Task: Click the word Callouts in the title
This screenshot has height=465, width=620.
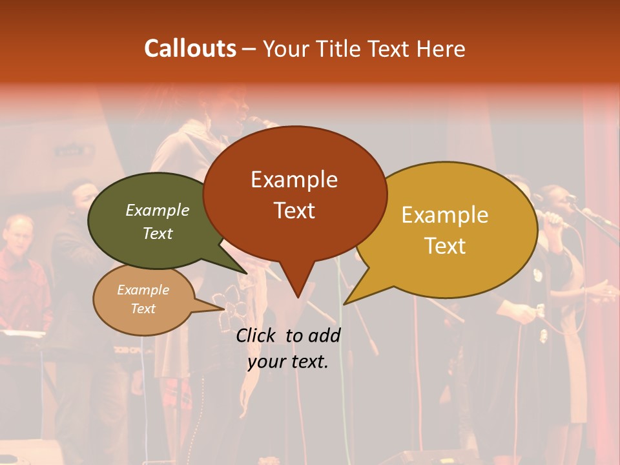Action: pyautogui.click(x=190, y=48)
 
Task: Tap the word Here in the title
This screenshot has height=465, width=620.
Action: pyautogui.click(x=441, y=48)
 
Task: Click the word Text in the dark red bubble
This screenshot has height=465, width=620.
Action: pyautogui.click(x=294, y=210)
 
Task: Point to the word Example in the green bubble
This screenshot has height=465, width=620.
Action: pyautogui.click(x=158, y=210)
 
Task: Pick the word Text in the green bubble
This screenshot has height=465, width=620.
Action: pyautogui.click(x=158, y=233)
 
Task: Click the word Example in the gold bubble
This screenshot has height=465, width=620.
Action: pyautogui.click(x=445, y=214)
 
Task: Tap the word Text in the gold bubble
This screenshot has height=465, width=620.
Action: pyautogui.click(x=445, y=245)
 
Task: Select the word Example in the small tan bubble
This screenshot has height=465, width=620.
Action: pyautogui.click(x=143, y=290)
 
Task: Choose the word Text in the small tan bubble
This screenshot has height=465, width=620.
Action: pyautogui.click(x=143, y=309)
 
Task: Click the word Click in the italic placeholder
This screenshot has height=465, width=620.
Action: pyautogui.click(x=257, y=335)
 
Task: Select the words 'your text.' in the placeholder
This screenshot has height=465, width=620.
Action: pyautogui.click(x=288, y=362)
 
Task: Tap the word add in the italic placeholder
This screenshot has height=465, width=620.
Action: pyautogui.click(x=324, y=335)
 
